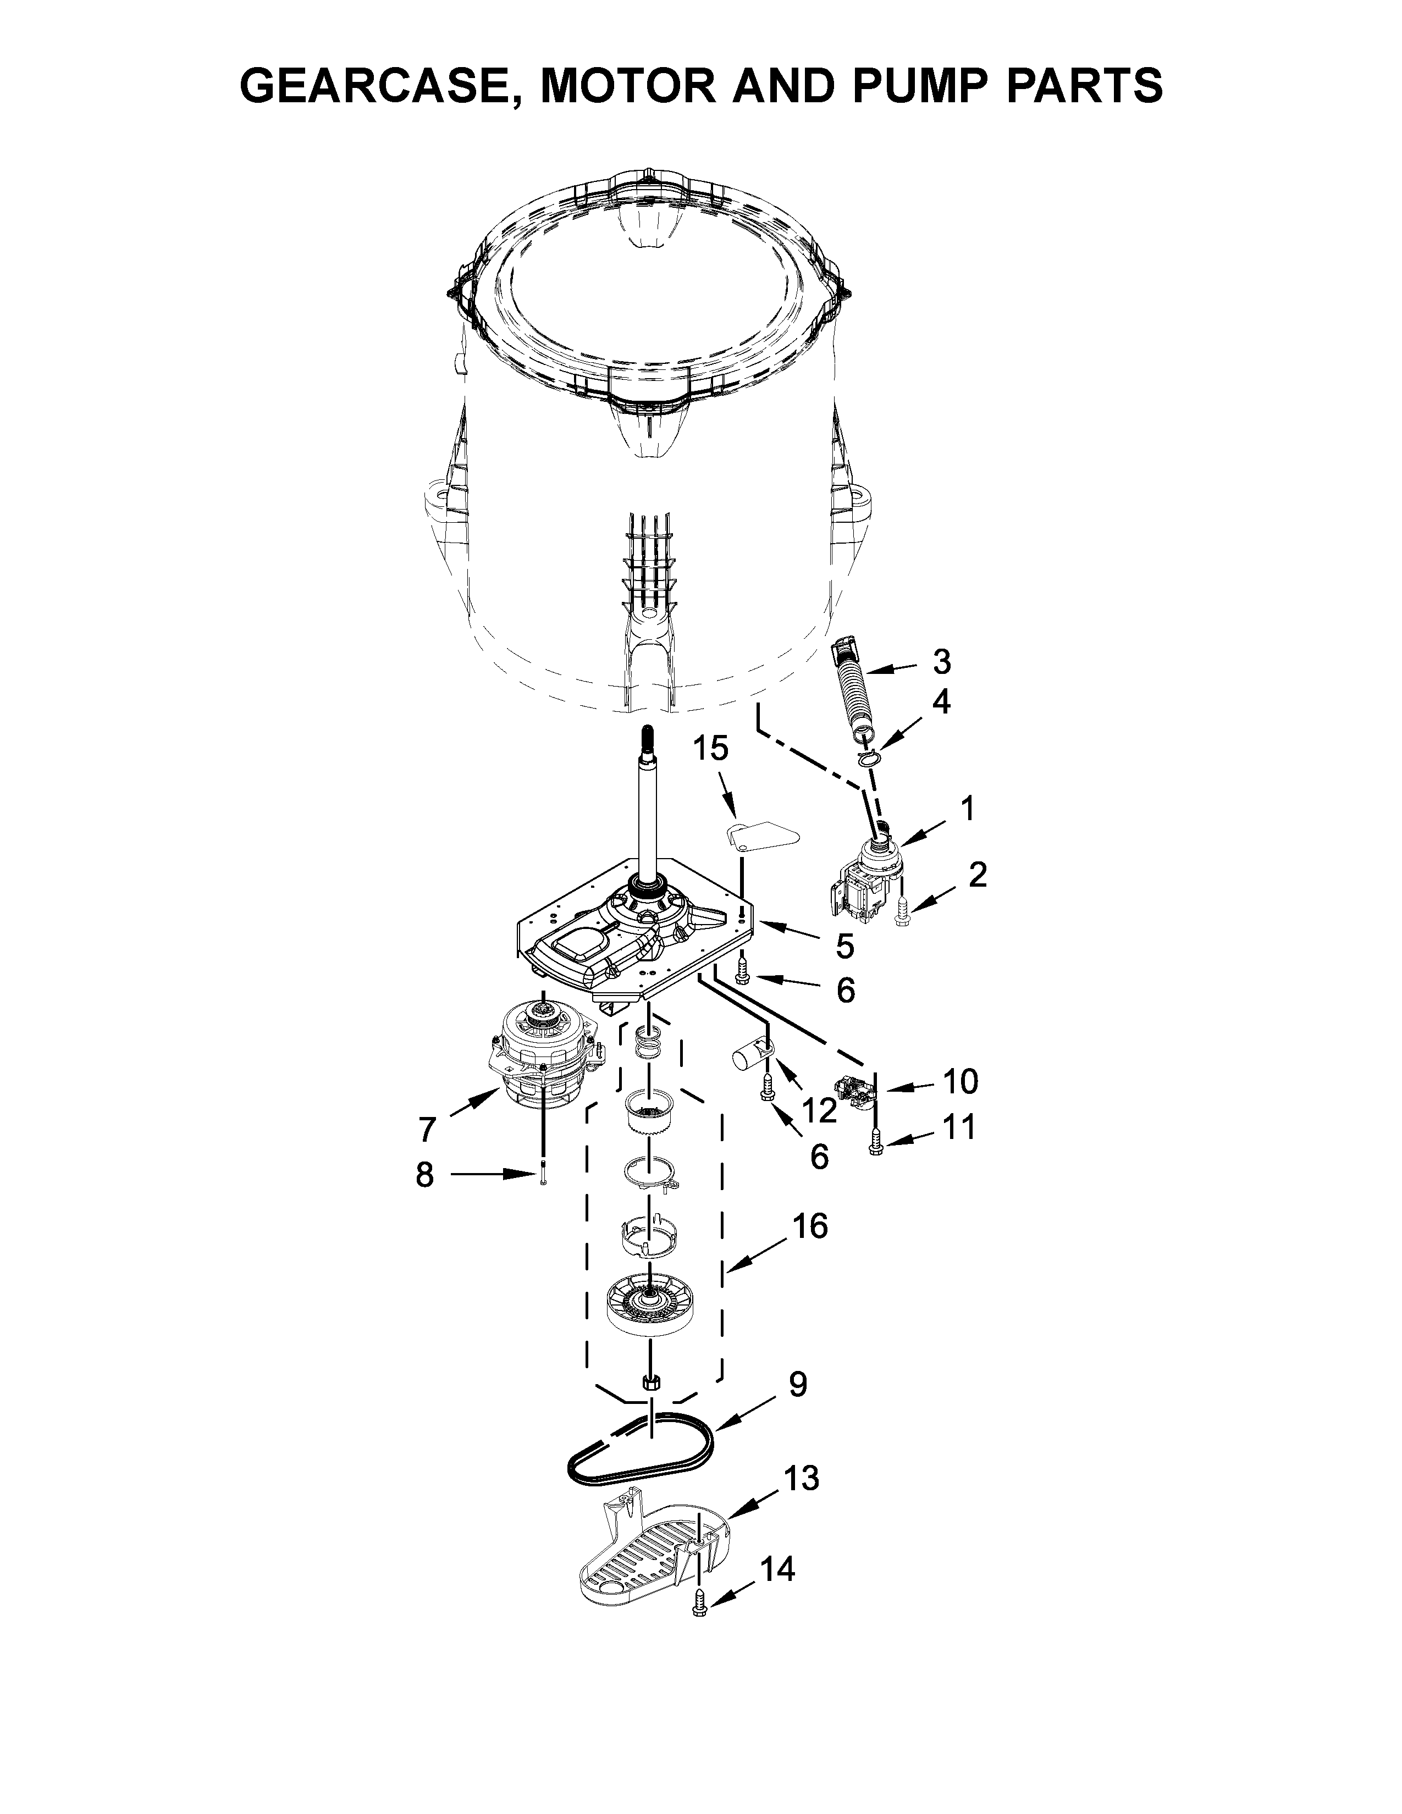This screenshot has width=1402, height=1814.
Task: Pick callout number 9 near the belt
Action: click(x=797, y=1385)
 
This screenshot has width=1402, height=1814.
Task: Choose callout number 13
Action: click(x=802, y=1479)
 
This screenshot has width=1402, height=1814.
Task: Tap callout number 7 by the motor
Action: click(x=426, y=1130)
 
